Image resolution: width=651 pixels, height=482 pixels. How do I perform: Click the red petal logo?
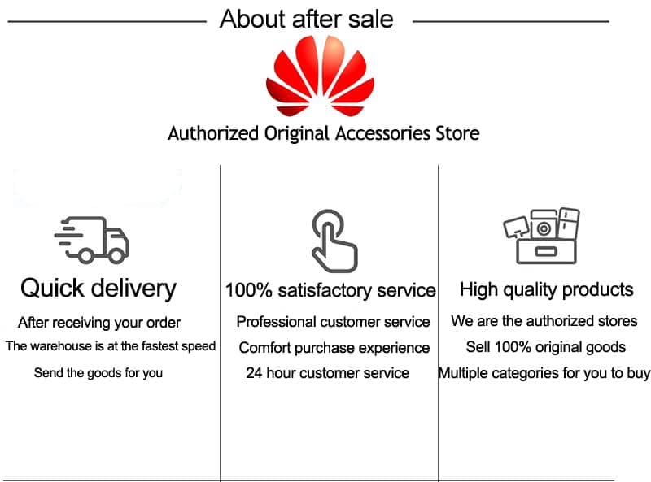pyautogui.click(x=320, y=76)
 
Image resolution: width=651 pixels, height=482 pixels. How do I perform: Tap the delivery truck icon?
pyautogui.click(x=92, y=240)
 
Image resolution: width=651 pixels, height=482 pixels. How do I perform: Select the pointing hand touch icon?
pyautogui.click(x=334, y=241)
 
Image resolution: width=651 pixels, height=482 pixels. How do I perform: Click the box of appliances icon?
pyautogui.click(x=541, y=236)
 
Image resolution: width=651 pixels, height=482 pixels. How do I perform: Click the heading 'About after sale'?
pyautogui.click(x=307, y=19)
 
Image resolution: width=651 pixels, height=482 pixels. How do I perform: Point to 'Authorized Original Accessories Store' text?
pyautogui.click(x=323, y=133)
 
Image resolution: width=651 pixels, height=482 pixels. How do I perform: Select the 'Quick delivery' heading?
pyautogui.click(x=98, y=289)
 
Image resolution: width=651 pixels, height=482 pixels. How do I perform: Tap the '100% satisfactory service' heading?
pyautogui.click(x=330, y=290)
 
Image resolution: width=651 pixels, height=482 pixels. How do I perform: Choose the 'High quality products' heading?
pyautogui.click(x=546, y=289)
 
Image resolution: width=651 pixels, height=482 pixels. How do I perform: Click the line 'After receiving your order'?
pyautogui.click(x=99, y=323)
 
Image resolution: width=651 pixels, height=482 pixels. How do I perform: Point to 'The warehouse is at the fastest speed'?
pyautogui.click(x=111, y=346)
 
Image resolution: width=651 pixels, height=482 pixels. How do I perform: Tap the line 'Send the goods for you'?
pyautogui.click(x=98, y=373)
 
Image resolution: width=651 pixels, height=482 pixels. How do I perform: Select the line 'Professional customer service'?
pyautogui.click(x=333, y=322)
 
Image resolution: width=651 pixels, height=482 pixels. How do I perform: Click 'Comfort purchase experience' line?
pyautogui.click(x=334, y=348)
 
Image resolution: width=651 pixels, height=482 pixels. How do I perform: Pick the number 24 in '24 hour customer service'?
pyautogui.click(x=254, y=373)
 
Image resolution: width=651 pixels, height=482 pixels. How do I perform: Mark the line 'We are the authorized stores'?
pyautogui.click(x=544, y=320)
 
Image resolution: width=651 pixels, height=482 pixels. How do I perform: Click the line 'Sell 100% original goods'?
pyautogui.click(x=545, y=347)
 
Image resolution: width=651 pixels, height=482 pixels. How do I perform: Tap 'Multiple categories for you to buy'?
pyautogui.click(x=544, y=373)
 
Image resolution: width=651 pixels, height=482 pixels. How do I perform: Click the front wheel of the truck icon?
pyautogui.click(x=116, y=255)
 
